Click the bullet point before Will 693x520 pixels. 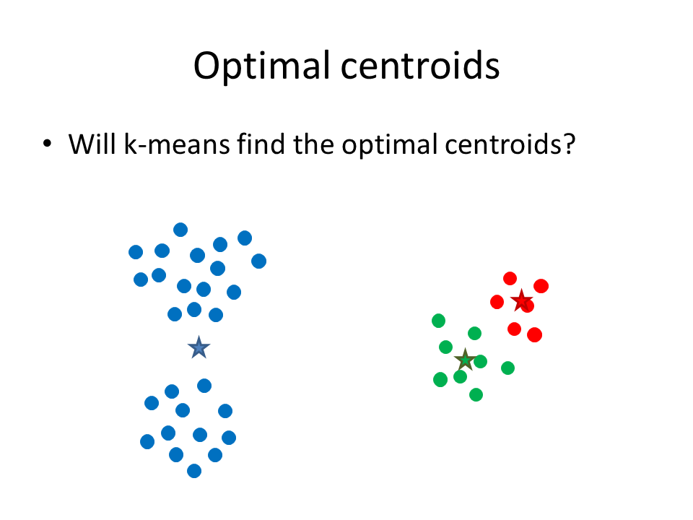pyautogui.click(x=48, y=143)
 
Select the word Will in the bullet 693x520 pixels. pyautogui.click(x=93, y=144)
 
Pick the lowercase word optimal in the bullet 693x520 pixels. pyautogui.click(x=389, y=144)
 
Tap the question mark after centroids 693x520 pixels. pyautogui.click(x=570, y=144)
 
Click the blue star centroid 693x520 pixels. pyautogui.click(x=199, y=347)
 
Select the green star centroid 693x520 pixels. pyautogui.click(x=465, y=360)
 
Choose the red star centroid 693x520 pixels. pyautogui.click(x=521, y=300)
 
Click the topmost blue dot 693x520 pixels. pyautogui.click(x=180, y=230)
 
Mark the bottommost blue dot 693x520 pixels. pyautogui.click(x=194, y=471)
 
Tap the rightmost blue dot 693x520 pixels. pyautogui.click(x=259, y=261)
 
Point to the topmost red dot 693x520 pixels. pyautogui.click(x=510, y=279)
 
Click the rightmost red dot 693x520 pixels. pyautogui.click(x=541, y=286)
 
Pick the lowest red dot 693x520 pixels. pyautogui.click(x=535, y=334)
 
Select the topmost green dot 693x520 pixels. pyautogui.click(x=438, y=321)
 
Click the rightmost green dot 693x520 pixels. pyautogui.click(x=507, y=368)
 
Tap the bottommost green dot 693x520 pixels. pyautogui.click(x=476, y=394)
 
